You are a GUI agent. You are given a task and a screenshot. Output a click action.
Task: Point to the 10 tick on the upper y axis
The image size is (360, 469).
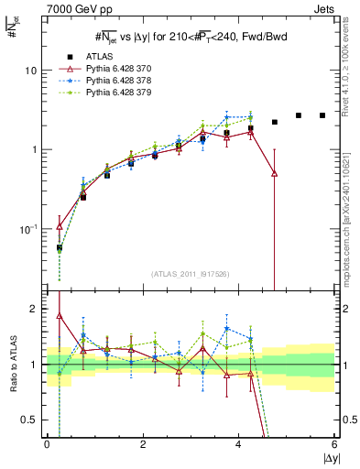pos(34,71)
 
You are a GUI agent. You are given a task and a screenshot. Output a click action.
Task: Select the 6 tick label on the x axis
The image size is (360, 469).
pos(335,444)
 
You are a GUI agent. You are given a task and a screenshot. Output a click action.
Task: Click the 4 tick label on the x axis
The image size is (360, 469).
pos(239,444)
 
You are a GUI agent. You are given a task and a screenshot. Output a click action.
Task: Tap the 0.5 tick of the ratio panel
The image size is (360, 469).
pos(31,420)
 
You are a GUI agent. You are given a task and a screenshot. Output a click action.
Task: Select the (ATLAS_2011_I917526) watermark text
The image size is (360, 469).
pos(191,274)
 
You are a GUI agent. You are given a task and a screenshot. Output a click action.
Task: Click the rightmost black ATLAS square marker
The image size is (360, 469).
pos(322,115)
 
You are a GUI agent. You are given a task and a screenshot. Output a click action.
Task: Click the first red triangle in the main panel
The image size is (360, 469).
pos(60,226)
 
